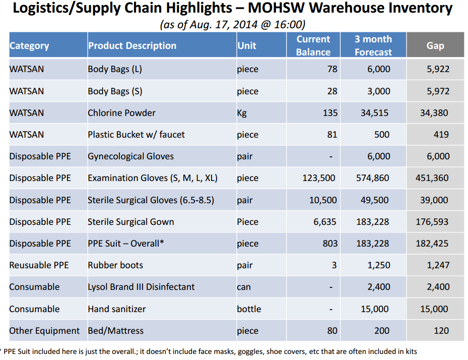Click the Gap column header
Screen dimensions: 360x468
point(435,45)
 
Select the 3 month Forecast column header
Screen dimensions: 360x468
point(373,45)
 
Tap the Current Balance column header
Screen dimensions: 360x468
point(313,45)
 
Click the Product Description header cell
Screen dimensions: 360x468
point(132,45)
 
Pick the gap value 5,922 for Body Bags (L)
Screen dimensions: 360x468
point(438,69)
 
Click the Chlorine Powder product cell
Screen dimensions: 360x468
point(121,113)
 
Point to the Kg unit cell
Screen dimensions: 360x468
point(242,113)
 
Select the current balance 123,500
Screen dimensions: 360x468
point(319,178)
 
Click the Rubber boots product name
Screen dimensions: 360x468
point(115,265)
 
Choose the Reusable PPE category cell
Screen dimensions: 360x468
point(39,265)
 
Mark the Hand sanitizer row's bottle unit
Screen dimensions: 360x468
point(249,309)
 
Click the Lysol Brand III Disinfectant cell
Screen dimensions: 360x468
point(141,287)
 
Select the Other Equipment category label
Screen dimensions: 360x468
point(44,331)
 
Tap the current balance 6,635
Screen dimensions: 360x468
point(324,222)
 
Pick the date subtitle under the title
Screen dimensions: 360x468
point(232,24)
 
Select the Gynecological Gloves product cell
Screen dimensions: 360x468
point(130,156)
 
